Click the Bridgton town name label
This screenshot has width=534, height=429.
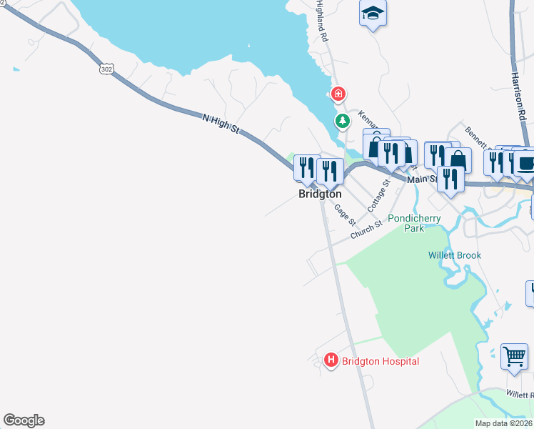pos(320,194)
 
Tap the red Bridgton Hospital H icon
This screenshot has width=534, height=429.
pos(331,361)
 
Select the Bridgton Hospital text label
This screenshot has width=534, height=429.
pos(381,361)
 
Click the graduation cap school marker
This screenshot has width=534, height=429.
pos(373,14)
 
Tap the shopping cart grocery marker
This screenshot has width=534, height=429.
pos(514,355)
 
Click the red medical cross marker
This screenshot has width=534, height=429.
pos(338,94)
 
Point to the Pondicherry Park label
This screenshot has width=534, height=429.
pos(414,223)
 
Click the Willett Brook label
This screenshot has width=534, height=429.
pos(455,255)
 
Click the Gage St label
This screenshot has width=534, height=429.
pos(344,212)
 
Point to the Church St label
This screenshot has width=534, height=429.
pos(366,230)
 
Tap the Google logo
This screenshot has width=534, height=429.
pos(24,420)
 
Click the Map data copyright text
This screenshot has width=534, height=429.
pos(504,423)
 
